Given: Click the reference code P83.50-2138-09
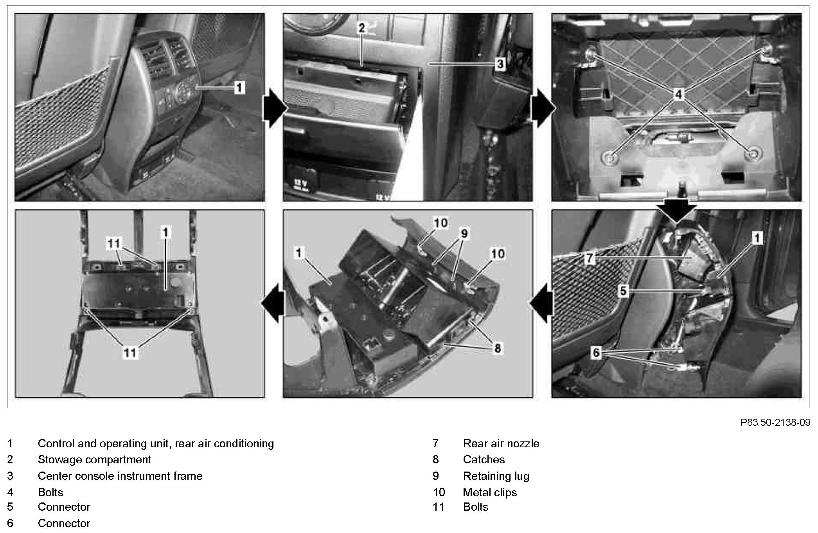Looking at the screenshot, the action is click(775, 423).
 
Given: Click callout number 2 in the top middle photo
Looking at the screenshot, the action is click(361, 27).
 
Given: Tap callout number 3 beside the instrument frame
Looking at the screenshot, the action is click(500, 64).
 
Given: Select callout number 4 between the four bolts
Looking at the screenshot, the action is click(678, 94).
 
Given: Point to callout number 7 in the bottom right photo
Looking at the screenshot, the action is click(590, 258).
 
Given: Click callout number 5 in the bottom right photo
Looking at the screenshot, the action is click(623, 291).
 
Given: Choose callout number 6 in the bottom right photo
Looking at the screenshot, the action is click(596, 353).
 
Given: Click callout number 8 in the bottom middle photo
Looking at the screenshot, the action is click(497, 348).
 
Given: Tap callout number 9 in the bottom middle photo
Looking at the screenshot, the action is click(464, 234).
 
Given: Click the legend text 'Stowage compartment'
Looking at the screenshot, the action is click(94, 459).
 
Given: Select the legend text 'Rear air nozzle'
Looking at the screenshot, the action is click(501, 443).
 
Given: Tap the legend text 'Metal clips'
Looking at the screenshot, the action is click(490, 492).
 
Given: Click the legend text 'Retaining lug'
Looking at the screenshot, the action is click(496, 476).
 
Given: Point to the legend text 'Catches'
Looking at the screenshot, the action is click(484, 459).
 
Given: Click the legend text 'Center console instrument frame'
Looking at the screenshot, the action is click(120, 476).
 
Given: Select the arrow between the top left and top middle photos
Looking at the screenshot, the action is click(274, 108).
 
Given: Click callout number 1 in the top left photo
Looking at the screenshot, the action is click(239, 87).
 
